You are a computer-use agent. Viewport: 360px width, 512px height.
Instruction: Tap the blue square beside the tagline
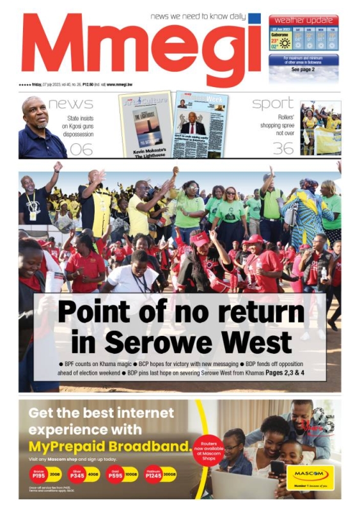(x=254, y=18)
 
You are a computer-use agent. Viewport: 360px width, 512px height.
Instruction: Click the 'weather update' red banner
(x=304, y=19)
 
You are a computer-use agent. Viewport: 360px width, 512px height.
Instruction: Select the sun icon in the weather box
(x=283, y=44)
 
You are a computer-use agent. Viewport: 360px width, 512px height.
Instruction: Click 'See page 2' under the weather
(x=303, y=69)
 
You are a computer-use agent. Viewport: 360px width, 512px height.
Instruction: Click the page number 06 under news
(x=81, y=149)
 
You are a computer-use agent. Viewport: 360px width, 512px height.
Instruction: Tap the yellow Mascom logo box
(x=309, y=476)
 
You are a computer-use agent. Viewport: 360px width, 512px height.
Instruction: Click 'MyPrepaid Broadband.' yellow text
(x=109, y=445)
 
